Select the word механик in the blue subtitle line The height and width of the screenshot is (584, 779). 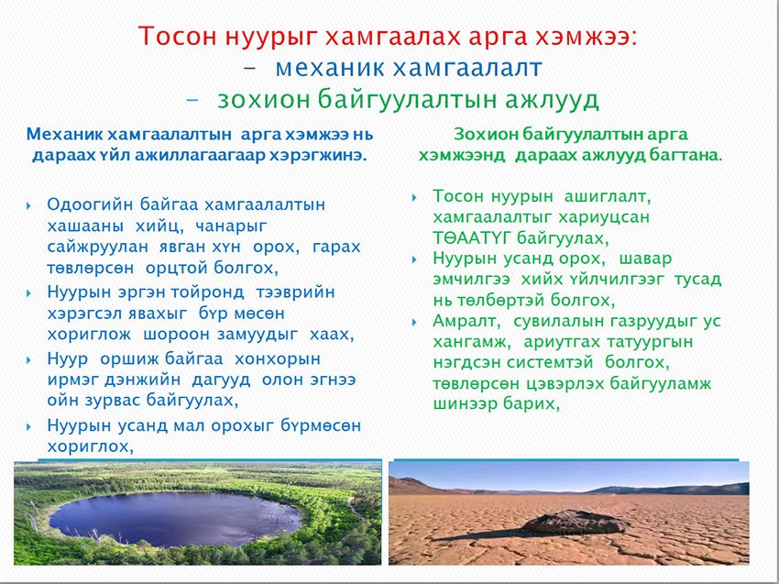click(331, 68)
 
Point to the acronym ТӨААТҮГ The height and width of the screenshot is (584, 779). click(471, 238)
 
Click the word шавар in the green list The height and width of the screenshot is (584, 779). click(646, 259)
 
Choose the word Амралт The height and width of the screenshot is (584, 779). click(466, 321)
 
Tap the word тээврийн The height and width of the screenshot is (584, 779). click(296, 292)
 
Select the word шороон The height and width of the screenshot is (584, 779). click(174, 334)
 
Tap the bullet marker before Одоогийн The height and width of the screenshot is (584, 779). click(28, 205)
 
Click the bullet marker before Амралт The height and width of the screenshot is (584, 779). click(414, 323)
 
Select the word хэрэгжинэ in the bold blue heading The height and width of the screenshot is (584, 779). click(317, 156)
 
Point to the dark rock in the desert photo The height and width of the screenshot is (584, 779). click(576, 522)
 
